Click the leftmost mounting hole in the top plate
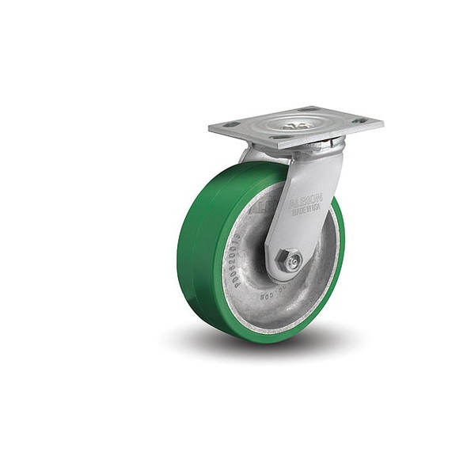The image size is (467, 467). pyautogui.click(x=230, y=124)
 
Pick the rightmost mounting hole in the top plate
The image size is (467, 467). pyautogui.click(x=360, y=121)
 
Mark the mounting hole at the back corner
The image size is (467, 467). pyautogui.click(x=311, y=109)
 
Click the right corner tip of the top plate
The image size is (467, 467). pyautogui.click(x=382, y=123)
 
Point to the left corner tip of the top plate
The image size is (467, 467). pyautogui.click(x=211, y=126)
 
